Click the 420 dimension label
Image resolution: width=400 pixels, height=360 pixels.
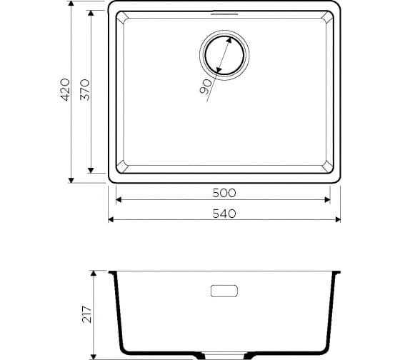pyautogui.click(x=65, y=89)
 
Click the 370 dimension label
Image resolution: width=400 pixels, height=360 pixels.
pyautogui.click(x=85, y=89)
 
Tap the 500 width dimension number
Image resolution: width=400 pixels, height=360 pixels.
pyautogui.click(x=224, y=193)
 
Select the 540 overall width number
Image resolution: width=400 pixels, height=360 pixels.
pyautogui.click(x=224, y=214)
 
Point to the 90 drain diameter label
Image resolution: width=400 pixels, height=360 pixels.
pyautogui.click(x=206, y=86)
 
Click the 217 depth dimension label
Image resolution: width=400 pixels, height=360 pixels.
pyautogui.click(x=87, y=314)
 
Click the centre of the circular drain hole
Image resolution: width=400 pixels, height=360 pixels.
pyautogui.click(x=224, y=55)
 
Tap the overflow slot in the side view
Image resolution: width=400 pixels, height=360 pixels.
pyautogui.click(x=224, y=291)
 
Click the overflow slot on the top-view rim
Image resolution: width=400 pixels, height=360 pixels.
pyautogui.click(x=224, y=14)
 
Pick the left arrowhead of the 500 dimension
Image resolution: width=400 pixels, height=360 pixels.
pyautogui.click(x=119, y=200)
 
